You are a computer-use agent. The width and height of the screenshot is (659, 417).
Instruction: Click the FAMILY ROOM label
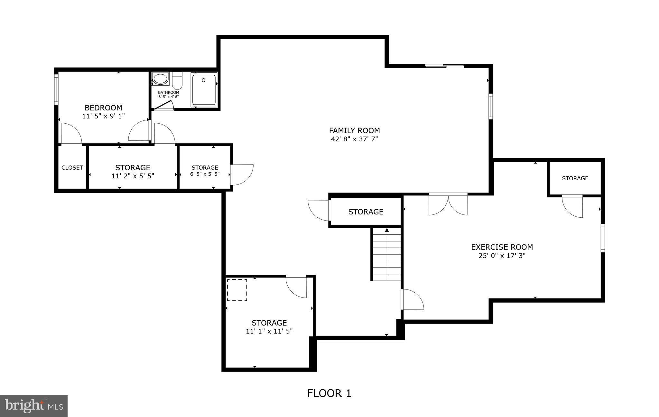click(354, 130)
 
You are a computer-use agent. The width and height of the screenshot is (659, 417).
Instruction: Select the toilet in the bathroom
click(177, 81)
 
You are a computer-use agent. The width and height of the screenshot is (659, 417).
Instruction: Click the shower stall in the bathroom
click(204, 90)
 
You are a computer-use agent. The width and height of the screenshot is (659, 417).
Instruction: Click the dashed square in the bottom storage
click(237, 290)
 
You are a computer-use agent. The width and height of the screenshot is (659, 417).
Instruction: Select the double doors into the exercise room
click(448, 204)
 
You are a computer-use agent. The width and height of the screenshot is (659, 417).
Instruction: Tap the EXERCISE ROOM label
click(502, 247)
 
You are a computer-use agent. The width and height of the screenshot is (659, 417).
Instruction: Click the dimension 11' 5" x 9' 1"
click(103, 116)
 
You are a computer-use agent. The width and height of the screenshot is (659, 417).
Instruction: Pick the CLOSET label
click(72, 168)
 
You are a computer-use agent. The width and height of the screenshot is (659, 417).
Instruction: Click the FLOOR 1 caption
click(329, 393)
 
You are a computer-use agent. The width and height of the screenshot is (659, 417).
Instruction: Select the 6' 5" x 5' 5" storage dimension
click(205, 174)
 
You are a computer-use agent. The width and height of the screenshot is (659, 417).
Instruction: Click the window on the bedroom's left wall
click(56, 89)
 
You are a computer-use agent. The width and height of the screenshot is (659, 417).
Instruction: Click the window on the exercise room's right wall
click(603, 238)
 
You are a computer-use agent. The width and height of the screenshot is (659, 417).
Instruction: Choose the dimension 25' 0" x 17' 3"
click(502, 256)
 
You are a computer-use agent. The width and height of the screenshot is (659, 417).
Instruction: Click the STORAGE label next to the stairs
click(366, 212)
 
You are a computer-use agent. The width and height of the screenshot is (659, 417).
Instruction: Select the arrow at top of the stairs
click(387, 230)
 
